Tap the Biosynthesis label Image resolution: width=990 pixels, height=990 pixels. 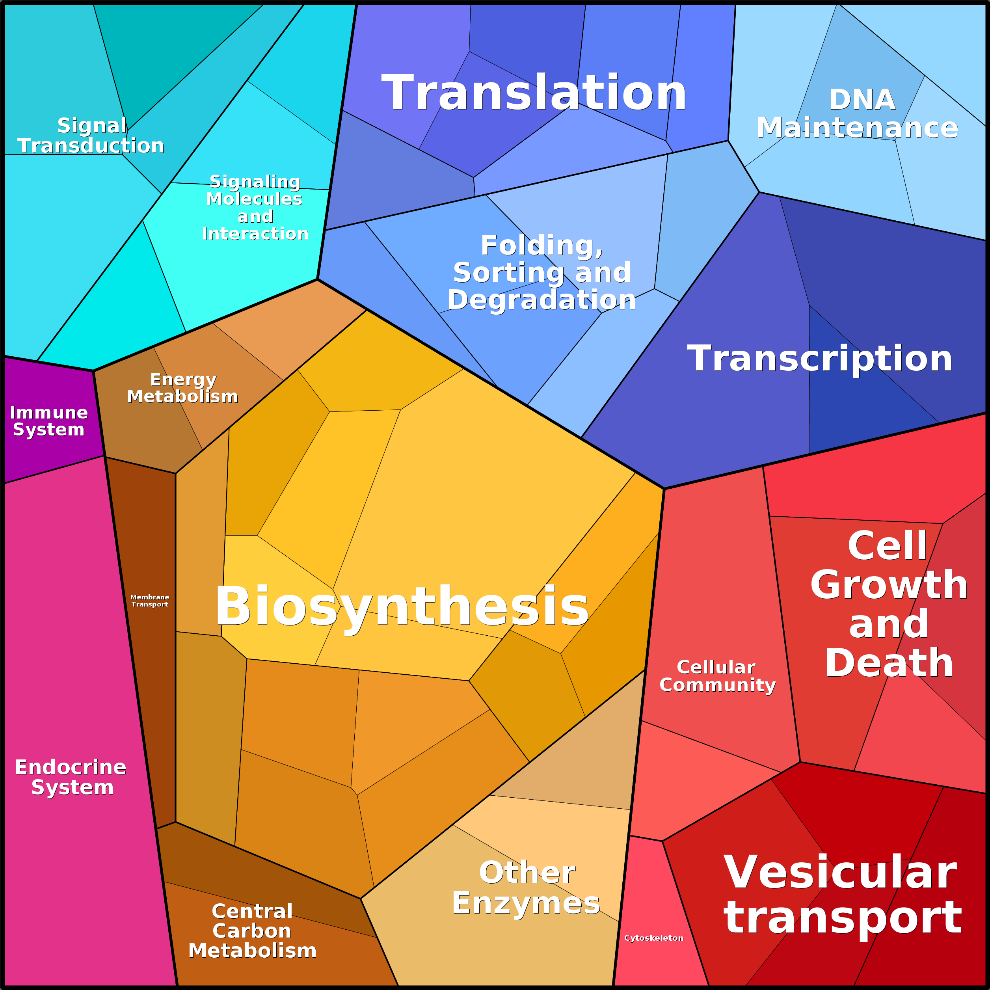coord(402,606)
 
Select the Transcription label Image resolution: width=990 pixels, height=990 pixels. coord(819,358)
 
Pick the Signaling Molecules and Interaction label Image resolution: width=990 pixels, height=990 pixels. coord(255,208)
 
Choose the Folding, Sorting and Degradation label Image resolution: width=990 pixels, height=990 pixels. coord(542,273)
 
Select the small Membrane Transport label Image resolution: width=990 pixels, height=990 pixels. coord(150,601)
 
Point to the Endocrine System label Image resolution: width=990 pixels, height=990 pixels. coord(71,777)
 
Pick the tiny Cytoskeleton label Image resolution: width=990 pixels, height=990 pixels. coord(653,938)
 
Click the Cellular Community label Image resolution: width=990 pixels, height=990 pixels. coord(717,676)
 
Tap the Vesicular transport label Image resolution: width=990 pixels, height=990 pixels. coord(842,895)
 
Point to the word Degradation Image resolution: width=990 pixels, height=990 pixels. coord(542,300)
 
